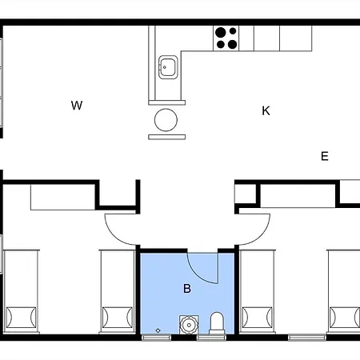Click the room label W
tap(77, 106)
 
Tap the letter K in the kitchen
tap(266, 110)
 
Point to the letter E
tap(325, 156)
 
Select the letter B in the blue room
tap(187, 288)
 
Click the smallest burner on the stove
tap(233, 31)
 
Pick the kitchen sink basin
tap(168, 67)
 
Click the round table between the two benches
tap(166, 120)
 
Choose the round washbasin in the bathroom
tap(189, 325)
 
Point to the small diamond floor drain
tap(158, 330)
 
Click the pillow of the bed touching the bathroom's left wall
tap(118, 318)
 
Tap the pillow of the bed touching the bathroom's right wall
tap(257, 318)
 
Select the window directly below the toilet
tap(211, 338)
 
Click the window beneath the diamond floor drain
tap(156, 338)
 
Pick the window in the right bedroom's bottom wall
tap(307, 338)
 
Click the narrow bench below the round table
tap(167, 137)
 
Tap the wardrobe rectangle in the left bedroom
tap(63, 198)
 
